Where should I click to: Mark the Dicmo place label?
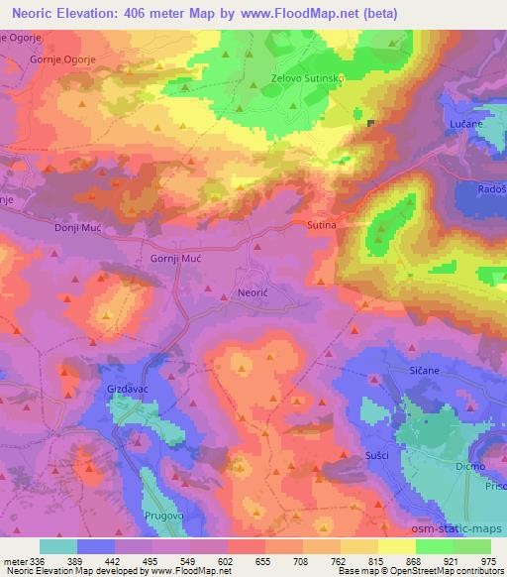[468, 465]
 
